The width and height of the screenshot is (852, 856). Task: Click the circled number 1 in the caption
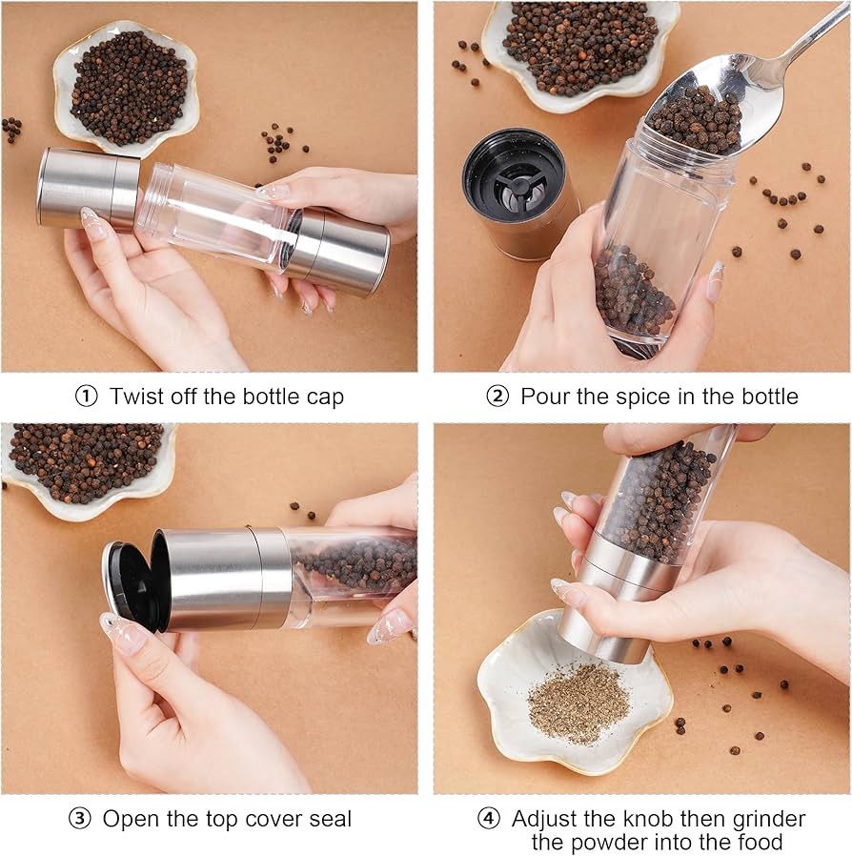click(86, 397)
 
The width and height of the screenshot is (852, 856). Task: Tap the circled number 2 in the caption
click(497, 397)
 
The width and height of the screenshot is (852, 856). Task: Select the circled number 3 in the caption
click(79, 819)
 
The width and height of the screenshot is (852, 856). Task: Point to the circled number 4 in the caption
click(488, 819)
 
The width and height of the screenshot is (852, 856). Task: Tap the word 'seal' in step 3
click(330, 819)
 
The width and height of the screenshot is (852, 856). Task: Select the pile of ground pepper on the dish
click(578, 703)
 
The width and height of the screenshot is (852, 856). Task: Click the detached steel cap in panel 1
click(89, 189)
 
